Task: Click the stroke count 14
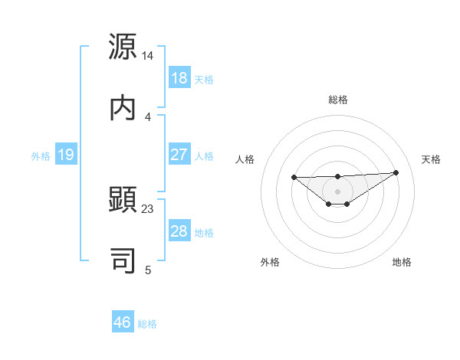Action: (x=148, y=56)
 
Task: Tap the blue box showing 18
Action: (x=179, y=78)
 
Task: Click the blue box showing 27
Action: (x=179, y=155)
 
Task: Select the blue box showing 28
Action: (x=179, y=232)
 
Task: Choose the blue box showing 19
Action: (x=65, y=155)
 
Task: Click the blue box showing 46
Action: (x=123, y=322)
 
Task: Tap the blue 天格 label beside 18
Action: (x=204, y=79)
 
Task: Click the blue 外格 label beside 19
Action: (x=41, y=155)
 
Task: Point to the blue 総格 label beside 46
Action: (x=147, y=323)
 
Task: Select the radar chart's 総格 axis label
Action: (x=338, y=100)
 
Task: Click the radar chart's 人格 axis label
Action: (x=245, y=159)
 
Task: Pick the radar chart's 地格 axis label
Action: (x=402, y=262)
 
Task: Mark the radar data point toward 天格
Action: (x=396, y=172)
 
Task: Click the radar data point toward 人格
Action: (x=294, y=177)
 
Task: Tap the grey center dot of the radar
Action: (x=338, y=191)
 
